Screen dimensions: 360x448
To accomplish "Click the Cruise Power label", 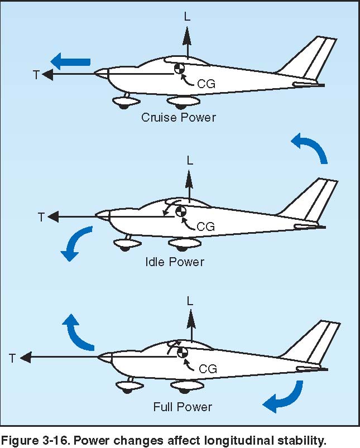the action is click(x=179, y=117).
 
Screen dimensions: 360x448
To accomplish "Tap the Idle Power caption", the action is click(x=175, y=262).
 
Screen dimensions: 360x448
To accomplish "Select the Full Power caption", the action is click(x=183, y=407).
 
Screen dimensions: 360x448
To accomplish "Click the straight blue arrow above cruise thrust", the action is click(x=70, y=62).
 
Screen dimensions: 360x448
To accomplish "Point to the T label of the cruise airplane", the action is click(x=36, y=75).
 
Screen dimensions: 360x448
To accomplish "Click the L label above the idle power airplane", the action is click(x=190, y=161).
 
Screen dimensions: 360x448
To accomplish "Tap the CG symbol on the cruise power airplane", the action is click(x=179, y=68).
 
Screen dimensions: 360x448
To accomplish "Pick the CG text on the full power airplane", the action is click(x=208, y=369).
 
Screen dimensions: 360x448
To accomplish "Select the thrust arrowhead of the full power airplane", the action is click(x=26, y=357).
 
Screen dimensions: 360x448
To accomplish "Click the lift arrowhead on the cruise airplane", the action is click(x=188, y=36).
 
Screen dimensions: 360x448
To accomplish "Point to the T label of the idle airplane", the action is click(x=41, y=217).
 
